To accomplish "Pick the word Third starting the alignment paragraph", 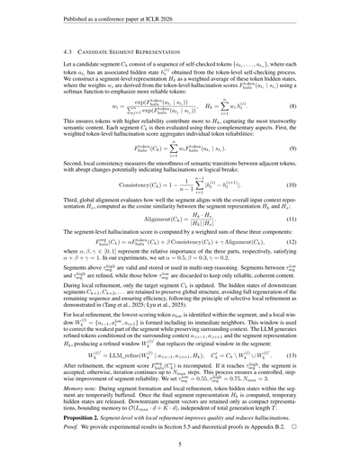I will click(x=59, y=203).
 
